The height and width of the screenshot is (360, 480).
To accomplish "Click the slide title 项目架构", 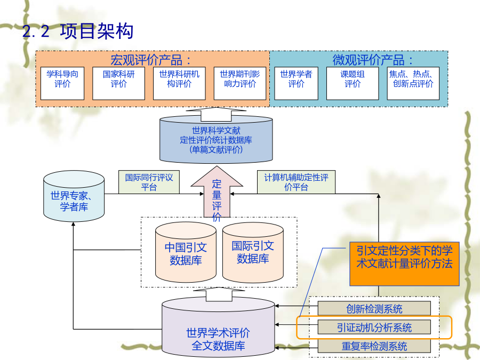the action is pos(97,31).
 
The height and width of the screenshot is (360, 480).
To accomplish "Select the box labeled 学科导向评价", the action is pos(62,83).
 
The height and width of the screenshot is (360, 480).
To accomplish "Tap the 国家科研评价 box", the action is pos(118,83).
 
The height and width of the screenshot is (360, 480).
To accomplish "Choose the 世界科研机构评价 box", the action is pos(179,83).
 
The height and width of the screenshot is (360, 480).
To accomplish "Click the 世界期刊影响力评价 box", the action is pos(239,83).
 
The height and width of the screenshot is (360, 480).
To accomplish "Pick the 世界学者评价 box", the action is pos(296,83).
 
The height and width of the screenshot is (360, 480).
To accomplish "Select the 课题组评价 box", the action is pos(353,83).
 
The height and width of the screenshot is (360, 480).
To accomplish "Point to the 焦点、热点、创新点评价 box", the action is pos(413,83).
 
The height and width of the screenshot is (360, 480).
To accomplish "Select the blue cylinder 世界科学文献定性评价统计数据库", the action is pos(216,140).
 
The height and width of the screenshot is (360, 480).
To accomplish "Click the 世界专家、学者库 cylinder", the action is pos(74,196).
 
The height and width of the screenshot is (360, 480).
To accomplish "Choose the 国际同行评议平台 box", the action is pos(149,182).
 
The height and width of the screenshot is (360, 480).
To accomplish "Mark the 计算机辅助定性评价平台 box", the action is pos(296,182).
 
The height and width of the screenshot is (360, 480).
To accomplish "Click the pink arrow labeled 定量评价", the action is pos(217,193).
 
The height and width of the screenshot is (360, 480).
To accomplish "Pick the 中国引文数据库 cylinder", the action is pos(186,252).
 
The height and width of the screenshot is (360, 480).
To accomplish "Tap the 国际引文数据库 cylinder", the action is pos(253,252).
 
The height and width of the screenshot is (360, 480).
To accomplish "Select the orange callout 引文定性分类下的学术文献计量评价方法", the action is pos(404,264).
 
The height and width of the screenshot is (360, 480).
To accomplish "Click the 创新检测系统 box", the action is pos(374,309).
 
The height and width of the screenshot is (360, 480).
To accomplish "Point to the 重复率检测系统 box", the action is pos(374,346).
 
